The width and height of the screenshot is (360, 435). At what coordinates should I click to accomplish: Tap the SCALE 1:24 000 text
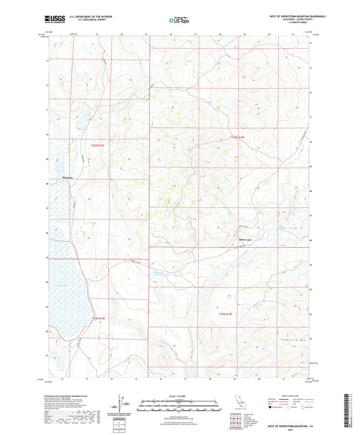tap(179, 395)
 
